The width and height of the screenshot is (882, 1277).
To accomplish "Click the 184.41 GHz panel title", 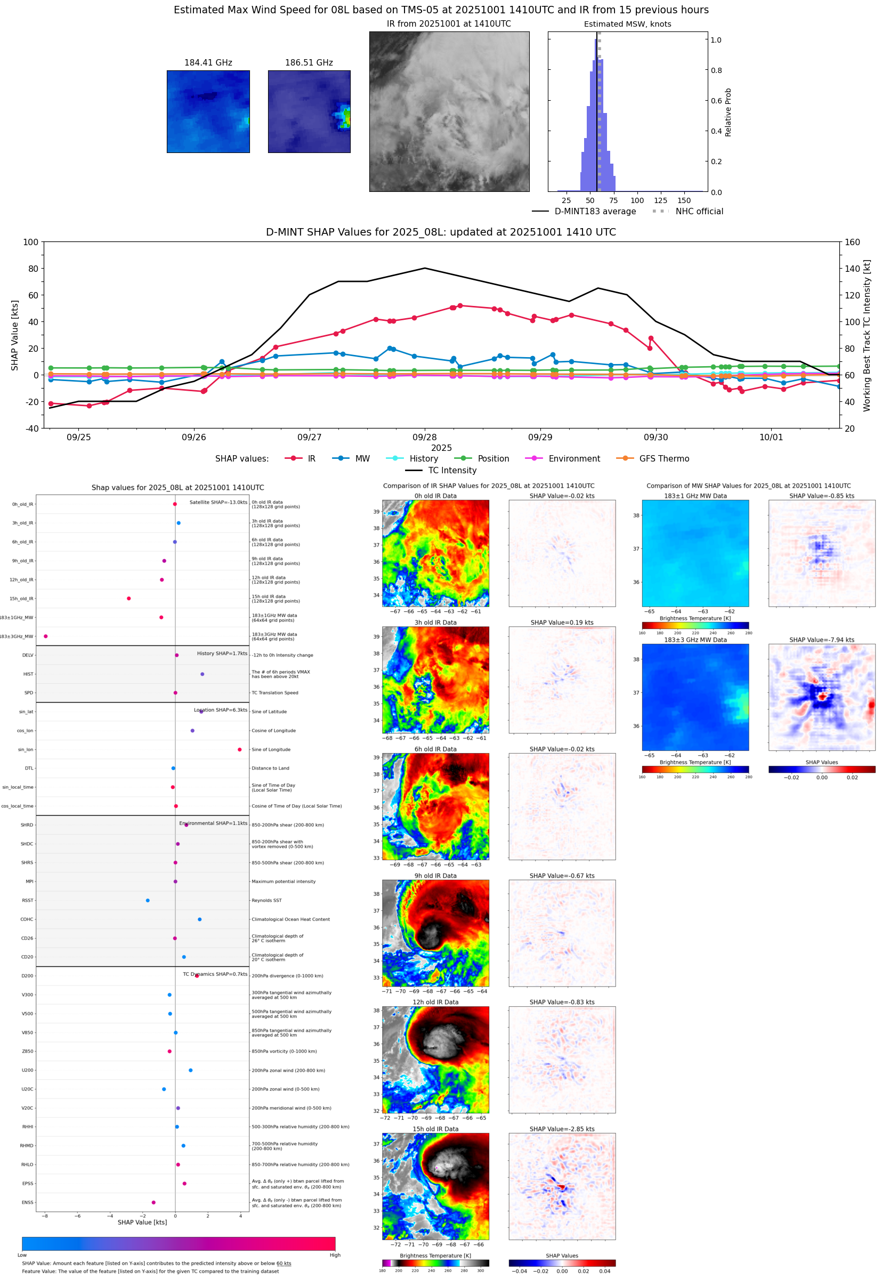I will tap(208, 62).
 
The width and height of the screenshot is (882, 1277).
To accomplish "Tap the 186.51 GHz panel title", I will tap(309, 62).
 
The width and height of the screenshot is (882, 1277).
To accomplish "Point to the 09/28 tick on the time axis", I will tap(424, 437).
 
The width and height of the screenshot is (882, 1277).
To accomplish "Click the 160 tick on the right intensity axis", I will tap(852, 242).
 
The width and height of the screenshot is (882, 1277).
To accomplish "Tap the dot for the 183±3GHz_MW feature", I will tap(45, 636).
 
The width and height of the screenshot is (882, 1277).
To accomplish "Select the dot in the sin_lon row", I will tap(239, 749).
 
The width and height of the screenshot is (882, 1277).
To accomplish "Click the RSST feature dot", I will tap(148, 900).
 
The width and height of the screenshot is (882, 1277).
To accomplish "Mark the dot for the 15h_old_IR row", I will tap(129, 599).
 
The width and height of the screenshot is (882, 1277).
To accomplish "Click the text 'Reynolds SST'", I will tap(266, 900).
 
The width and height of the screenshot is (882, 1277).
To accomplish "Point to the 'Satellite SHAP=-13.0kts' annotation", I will tap(219, 502).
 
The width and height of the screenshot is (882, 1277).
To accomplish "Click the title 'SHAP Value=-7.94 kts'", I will tap(821, 640).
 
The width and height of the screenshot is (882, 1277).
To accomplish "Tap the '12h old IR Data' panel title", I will tap(435, 1002).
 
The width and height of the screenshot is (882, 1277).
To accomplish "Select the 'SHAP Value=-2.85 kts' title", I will tap(562, 1129).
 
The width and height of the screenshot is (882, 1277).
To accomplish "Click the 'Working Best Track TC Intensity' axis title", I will tap(867, 335).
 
